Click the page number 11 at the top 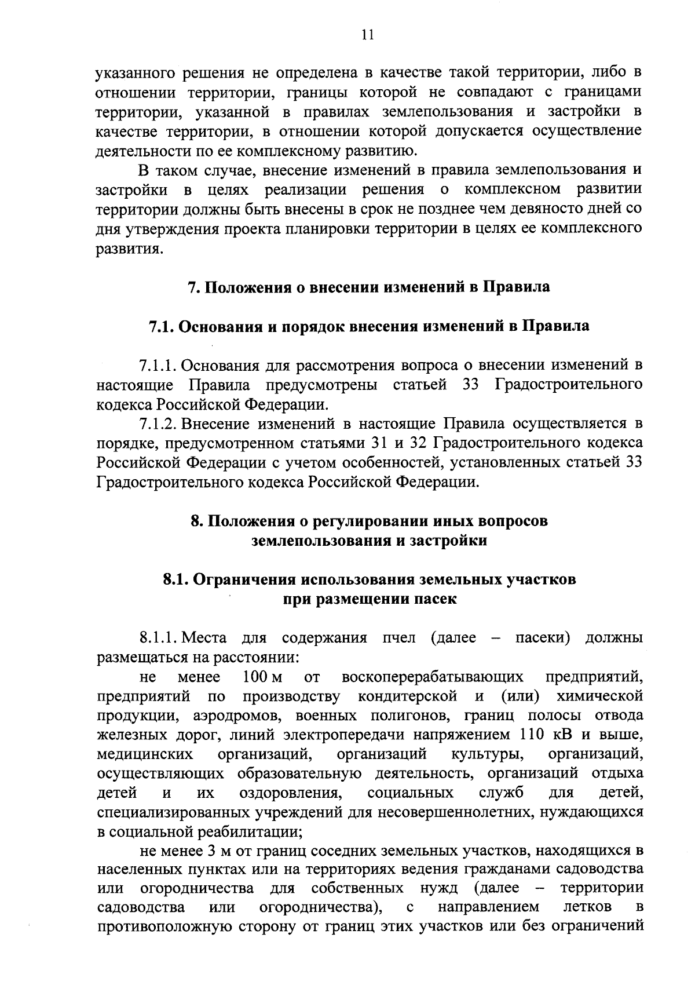(x=367, y=35)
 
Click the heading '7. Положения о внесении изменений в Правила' (x=369, y=287)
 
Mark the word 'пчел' (x=399, y=639)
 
